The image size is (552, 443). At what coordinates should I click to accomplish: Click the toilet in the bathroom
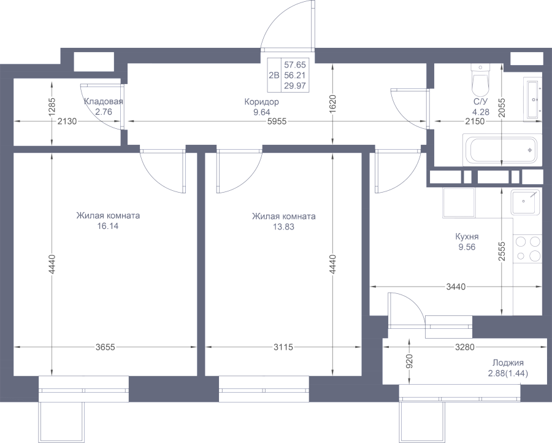(480, 80)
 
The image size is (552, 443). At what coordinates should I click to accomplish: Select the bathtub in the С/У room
(502, 150)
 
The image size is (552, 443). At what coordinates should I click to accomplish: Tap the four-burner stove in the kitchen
(527, 248)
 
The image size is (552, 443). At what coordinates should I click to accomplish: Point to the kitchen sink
(525, 202)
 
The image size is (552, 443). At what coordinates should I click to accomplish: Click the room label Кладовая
(104, 102)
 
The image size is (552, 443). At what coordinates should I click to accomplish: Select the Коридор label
(261, 102)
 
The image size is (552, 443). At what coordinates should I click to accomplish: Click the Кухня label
(467, 236)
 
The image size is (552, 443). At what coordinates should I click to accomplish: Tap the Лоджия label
(508, 363)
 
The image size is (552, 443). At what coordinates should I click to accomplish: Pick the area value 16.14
(108, 226)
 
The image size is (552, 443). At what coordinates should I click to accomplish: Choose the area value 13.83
(283, 227)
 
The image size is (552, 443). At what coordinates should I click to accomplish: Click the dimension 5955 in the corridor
(277, 121)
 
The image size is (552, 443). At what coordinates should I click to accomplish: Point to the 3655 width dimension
(105, 347)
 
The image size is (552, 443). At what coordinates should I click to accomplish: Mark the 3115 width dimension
(283, 347)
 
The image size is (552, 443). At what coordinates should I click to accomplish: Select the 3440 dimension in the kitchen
(456, 287)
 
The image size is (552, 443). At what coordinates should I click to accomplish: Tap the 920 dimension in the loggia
(409, 361)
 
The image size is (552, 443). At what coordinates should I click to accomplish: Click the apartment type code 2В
(274, 75)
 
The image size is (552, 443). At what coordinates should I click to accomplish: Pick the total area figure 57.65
(295, 65)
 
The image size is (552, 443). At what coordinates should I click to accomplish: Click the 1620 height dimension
(333, 104)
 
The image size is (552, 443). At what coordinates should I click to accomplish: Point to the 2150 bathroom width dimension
(475, 121)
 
